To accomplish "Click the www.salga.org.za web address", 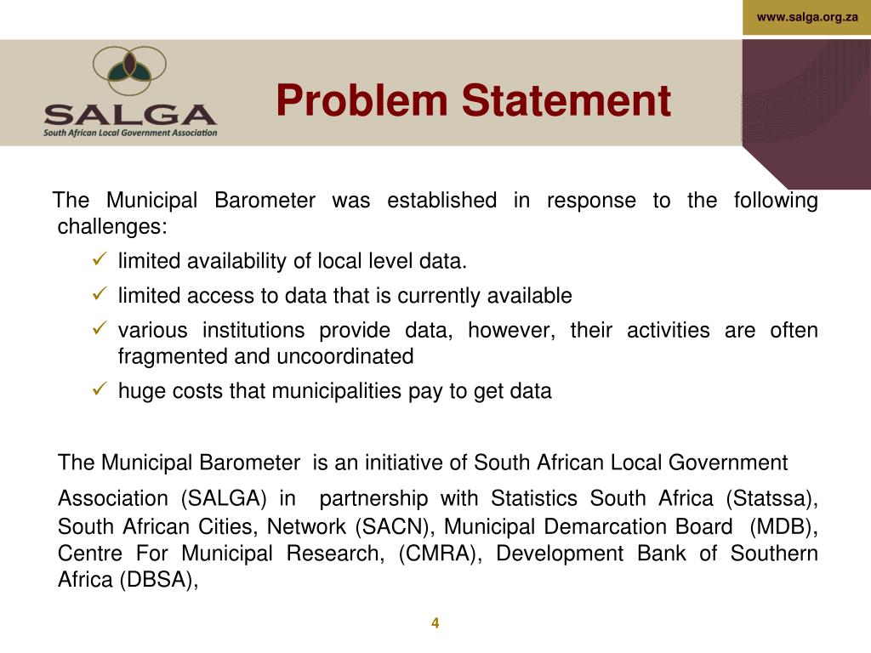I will pos(807,17).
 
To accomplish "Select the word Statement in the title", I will pos(566,100).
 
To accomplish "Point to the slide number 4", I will pos(435,623).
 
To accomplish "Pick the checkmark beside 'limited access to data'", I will pos(98,295).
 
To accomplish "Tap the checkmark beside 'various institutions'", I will pos(98,329).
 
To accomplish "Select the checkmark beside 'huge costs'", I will pos(98,390).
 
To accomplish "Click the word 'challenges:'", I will pos(112,227).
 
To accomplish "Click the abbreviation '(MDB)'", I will pos(782,526).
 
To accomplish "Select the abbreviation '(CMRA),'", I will pos(439,554).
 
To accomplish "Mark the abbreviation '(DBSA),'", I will pos(159,582).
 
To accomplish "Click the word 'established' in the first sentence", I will pos(441,201).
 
